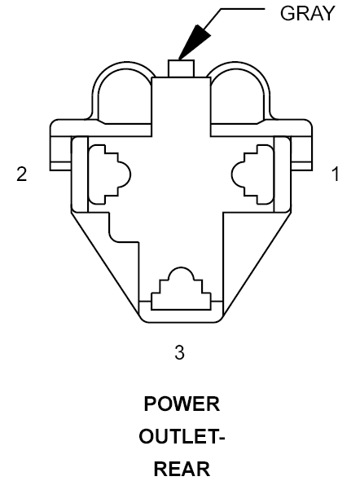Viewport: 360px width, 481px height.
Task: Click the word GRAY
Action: coord(307,14)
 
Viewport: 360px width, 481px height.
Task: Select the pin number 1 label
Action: coord(336,174)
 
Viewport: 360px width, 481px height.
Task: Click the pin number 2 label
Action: coord(22,174)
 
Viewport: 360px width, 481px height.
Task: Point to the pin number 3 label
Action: coord(180,352)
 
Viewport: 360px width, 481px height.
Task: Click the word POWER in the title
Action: coord(182,404)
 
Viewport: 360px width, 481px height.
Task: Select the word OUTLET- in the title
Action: coord(182,436)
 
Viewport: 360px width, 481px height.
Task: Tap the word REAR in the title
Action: coord(182,469)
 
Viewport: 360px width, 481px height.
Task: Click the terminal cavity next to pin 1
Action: coord(252,174)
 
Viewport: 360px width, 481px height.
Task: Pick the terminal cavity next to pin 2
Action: coord(110,174)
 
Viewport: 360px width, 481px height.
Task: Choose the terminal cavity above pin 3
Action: coord(181,289)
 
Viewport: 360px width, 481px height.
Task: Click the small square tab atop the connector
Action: coord(181,68)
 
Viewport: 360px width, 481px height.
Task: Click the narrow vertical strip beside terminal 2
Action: coord(80,174)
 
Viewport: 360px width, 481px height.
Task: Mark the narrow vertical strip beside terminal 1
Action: coord(282,174)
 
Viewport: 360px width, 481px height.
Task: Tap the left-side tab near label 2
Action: coord(60,153)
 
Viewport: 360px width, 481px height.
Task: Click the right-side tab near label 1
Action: coord(301,153)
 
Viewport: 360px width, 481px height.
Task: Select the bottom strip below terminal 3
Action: coord(181,316)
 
